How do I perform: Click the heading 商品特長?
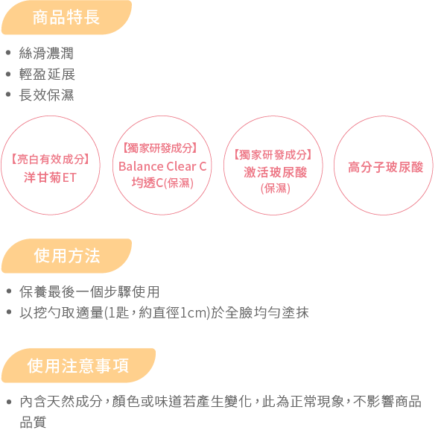click(x=66, y=17)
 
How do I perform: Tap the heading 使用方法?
click(x=67, y=256)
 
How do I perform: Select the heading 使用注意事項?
click(x=78, y=366)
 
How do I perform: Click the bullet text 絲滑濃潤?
click(x=46, y=53)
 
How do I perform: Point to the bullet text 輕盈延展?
click(x=47, y=75)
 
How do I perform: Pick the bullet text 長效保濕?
click(x=46, y=95)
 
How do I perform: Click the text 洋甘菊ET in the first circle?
click(x=50, y=177)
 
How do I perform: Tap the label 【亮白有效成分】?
click(x=51, y=160)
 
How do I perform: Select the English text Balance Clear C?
click(x=162, y=166)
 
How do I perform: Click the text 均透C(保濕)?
click(x=162, y=183)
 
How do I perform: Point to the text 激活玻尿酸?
click(x=276, y=172)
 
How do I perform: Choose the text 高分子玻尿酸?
click(x=385, y=167)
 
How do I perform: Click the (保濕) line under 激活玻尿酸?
click(x=276, y=189)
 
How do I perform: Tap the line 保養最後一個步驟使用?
click(x=89, y=291)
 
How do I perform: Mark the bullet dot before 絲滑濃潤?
click(x=8, y=53)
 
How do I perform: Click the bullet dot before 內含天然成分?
click(x=8, y=402)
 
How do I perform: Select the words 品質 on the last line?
click(x=33, y=422)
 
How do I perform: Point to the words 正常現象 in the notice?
click(x=317, y=402)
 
